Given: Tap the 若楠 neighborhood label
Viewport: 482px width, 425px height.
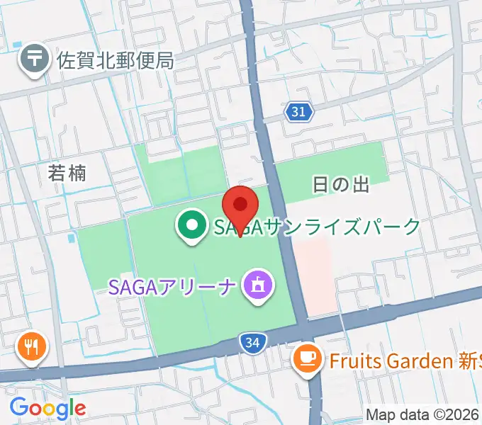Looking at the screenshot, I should coord(67,173).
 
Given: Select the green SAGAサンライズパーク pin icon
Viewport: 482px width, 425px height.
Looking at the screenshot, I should coord(191,227).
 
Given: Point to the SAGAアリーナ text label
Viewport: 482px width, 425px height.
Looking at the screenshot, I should coord(172,286).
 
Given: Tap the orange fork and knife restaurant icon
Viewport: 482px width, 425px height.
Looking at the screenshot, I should coord(32,346).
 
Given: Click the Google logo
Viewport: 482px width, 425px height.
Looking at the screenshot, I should coord(47,407).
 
